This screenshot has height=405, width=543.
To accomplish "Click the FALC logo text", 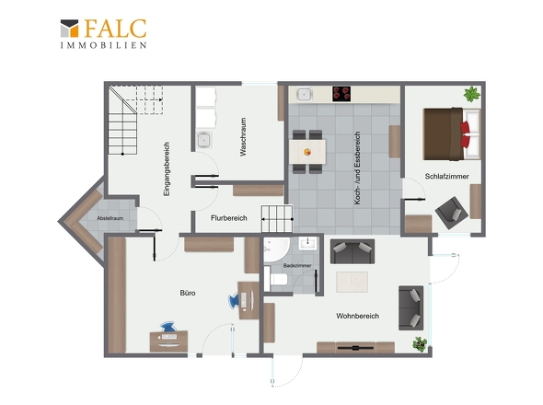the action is coord(115,29).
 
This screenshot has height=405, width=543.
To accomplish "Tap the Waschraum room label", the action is coord(244,137).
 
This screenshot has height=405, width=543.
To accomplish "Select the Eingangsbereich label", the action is coord(167,169).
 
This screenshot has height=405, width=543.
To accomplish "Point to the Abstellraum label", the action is coord(110,218).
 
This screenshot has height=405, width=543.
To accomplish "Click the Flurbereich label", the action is coord(229,218).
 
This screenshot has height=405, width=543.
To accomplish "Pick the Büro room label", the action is coord(188,293).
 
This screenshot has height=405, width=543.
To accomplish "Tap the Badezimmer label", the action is coord(297,266).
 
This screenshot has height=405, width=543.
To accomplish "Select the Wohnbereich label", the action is coord(357,316).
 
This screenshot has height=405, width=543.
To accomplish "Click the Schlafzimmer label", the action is coord(446,177).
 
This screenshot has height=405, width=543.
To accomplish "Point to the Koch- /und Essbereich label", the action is coord(357,168).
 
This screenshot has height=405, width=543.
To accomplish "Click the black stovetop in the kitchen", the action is coord(341,94).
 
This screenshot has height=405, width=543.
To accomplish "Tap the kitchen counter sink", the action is coord(305,94).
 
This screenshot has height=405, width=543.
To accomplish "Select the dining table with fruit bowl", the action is coord(307,151).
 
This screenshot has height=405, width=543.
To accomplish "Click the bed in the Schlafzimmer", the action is coord(452,134).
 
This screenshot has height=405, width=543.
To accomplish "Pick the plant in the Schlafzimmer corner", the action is coord(472,94).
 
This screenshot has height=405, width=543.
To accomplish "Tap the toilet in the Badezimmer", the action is coord(276,279).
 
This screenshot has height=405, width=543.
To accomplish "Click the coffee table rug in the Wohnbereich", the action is coord(352,282).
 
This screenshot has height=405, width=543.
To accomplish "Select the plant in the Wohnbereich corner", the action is coord(420,344).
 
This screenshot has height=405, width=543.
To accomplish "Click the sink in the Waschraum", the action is coord(204,140).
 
